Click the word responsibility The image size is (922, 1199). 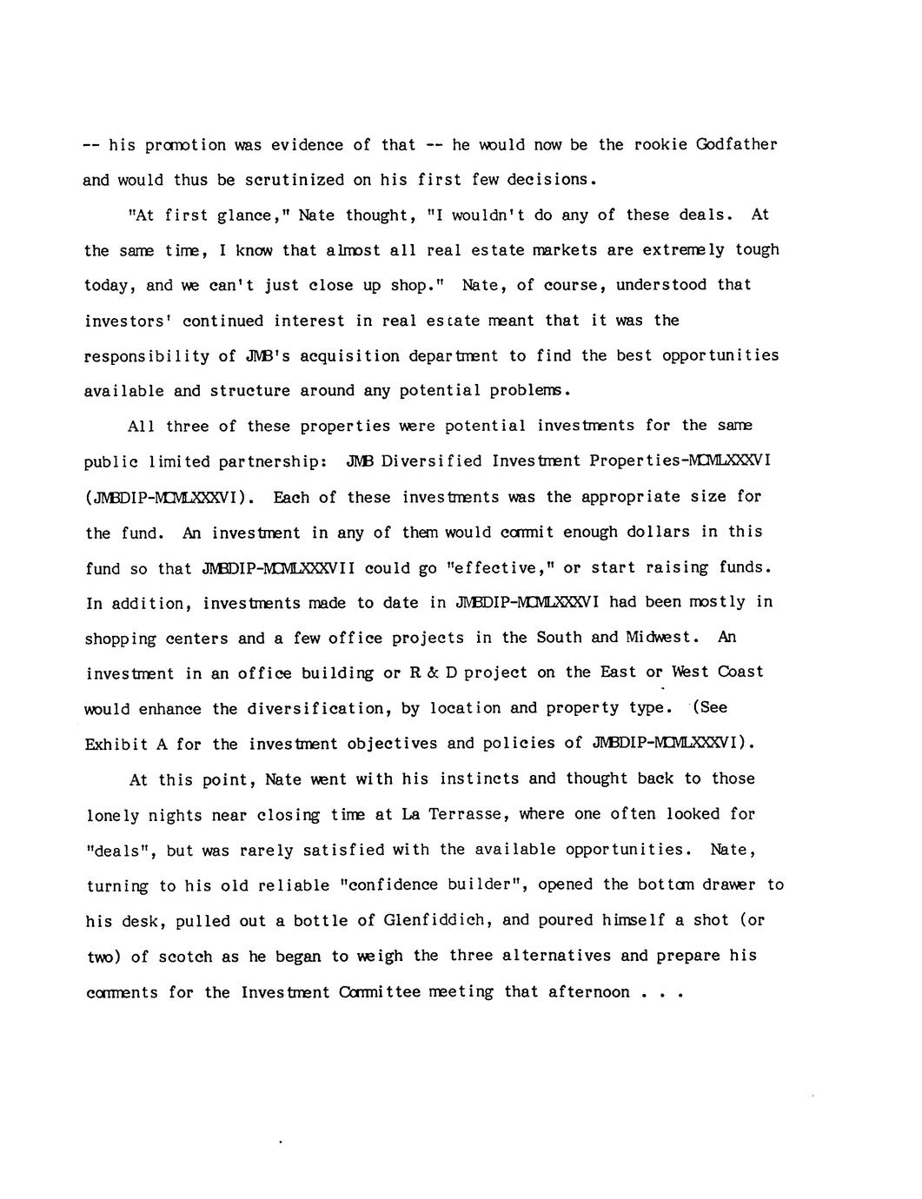147,356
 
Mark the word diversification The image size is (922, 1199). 320,709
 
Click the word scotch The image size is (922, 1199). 182,957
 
